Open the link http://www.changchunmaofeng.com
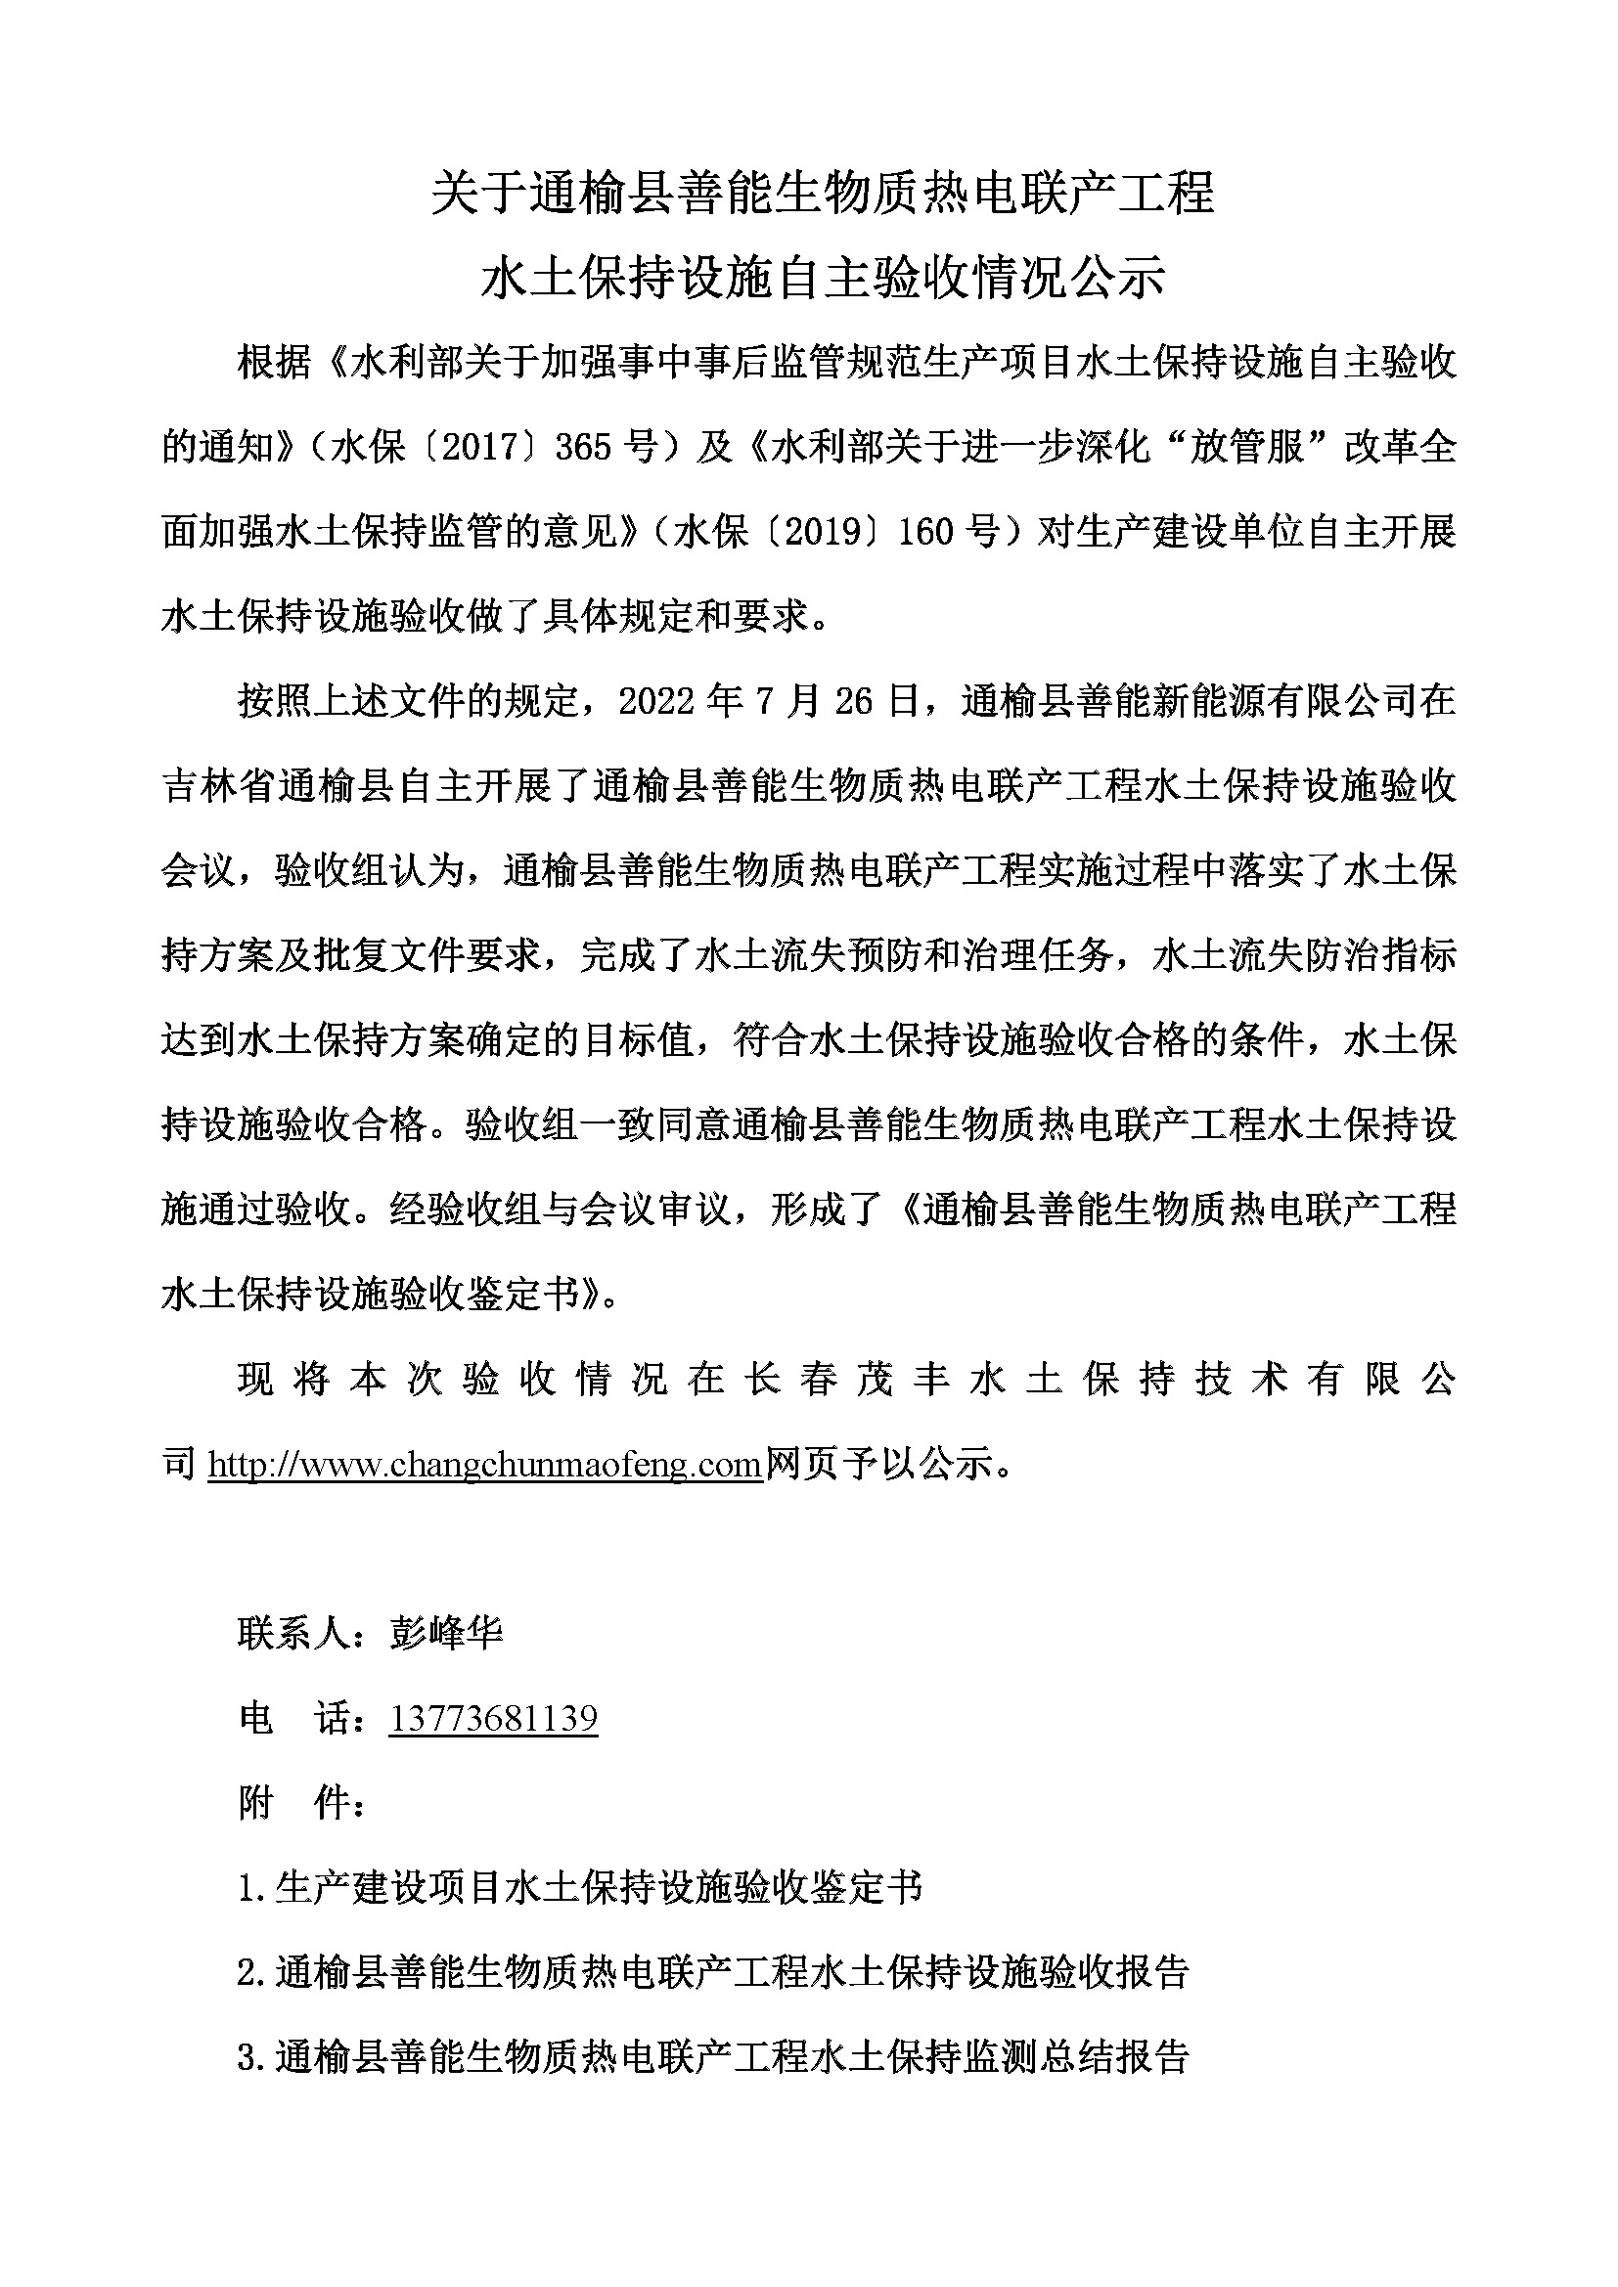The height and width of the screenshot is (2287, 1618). pyautogui.click(x=485, y=1465)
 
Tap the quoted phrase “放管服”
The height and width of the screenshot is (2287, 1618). pyautogui.click(x=1247, y=447)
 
